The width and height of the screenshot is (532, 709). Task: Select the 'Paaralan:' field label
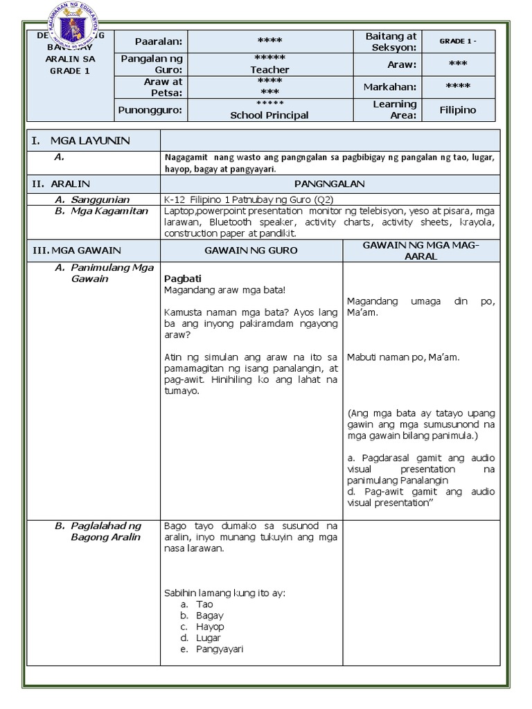[x=159, y=41]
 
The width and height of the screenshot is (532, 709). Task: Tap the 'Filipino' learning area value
[x=459, y=109]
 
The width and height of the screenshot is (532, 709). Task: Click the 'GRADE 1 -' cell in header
[x=459, y=41]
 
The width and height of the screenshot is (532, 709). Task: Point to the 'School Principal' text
[x=269, y=116]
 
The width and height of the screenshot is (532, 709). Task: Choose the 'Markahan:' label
[x=390, y=87]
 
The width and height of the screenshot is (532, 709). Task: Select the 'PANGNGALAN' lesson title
[x=329, y=184]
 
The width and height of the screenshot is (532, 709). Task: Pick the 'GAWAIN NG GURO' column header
[x=251, y=250]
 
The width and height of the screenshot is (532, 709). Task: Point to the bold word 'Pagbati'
[x=182, y=278]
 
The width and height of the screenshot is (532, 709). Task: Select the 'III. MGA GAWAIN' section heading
[x=76, y=250]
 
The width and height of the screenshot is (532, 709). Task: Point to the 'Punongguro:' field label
[x=150, y=109]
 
